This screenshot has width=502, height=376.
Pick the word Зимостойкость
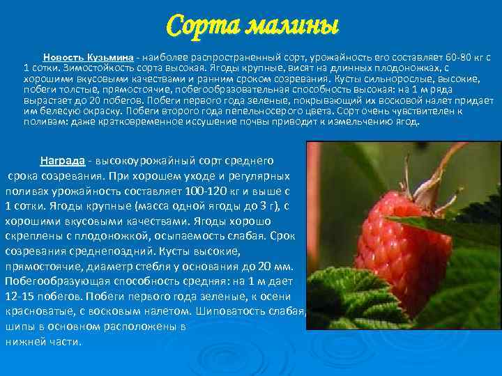tap(97, 68)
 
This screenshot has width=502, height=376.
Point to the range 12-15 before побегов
tap(19, 295)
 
